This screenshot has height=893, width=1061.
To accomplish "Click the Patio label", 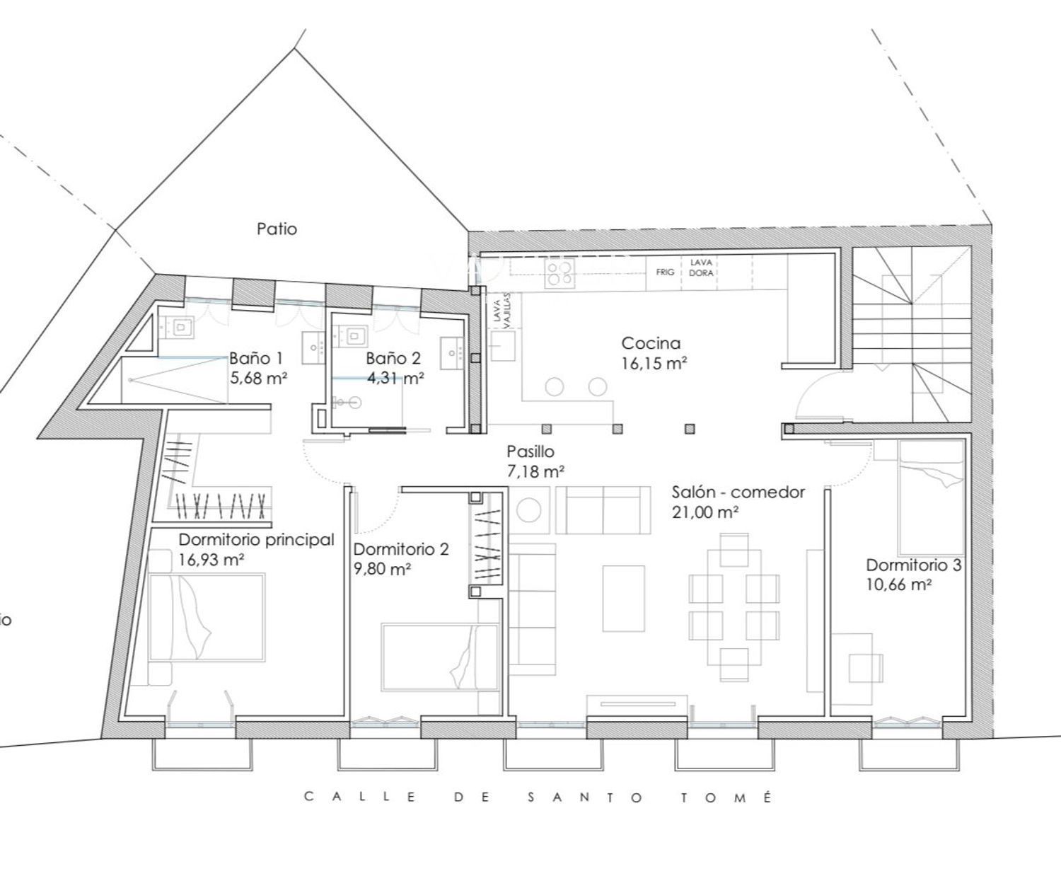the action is coord(277,229).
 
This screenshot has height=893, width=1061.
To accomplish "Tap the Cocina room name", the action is coord(651,344).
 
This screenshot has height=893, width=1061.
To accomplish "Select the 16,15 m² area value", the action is coord(654,364).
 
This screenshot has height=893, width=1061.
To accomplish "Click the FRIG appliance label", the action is coord(665,272).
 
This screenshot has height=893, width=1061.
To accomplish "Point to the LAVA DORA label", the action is coord(701,268).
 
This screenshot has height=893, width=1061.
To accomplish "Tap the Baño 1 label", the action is coord(255,358).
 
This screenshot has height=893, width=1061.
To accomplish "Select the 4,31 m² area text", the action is coord(395,378).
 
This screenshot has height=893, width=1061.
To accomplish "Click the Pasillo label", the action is coord(530,451).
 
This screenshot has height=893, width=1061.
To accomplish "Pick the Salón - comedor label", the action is coord(738,492).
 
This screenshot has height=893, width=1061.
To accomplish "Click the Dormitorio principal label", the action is coord(256,539).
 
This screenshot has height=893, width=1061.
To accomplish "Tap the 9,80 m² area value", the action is coord(382,569).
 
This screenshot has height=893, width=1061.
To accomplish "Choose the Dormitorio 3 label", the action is coord(914,565).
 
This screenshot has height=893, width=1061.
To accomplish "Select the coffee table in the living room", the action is coord(623,598).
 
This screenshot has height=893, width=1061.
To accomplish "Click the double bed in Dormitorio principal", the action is coord(207,618).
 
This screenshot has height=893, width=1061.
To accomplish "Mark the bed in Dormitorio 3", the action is coord(931,497).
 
